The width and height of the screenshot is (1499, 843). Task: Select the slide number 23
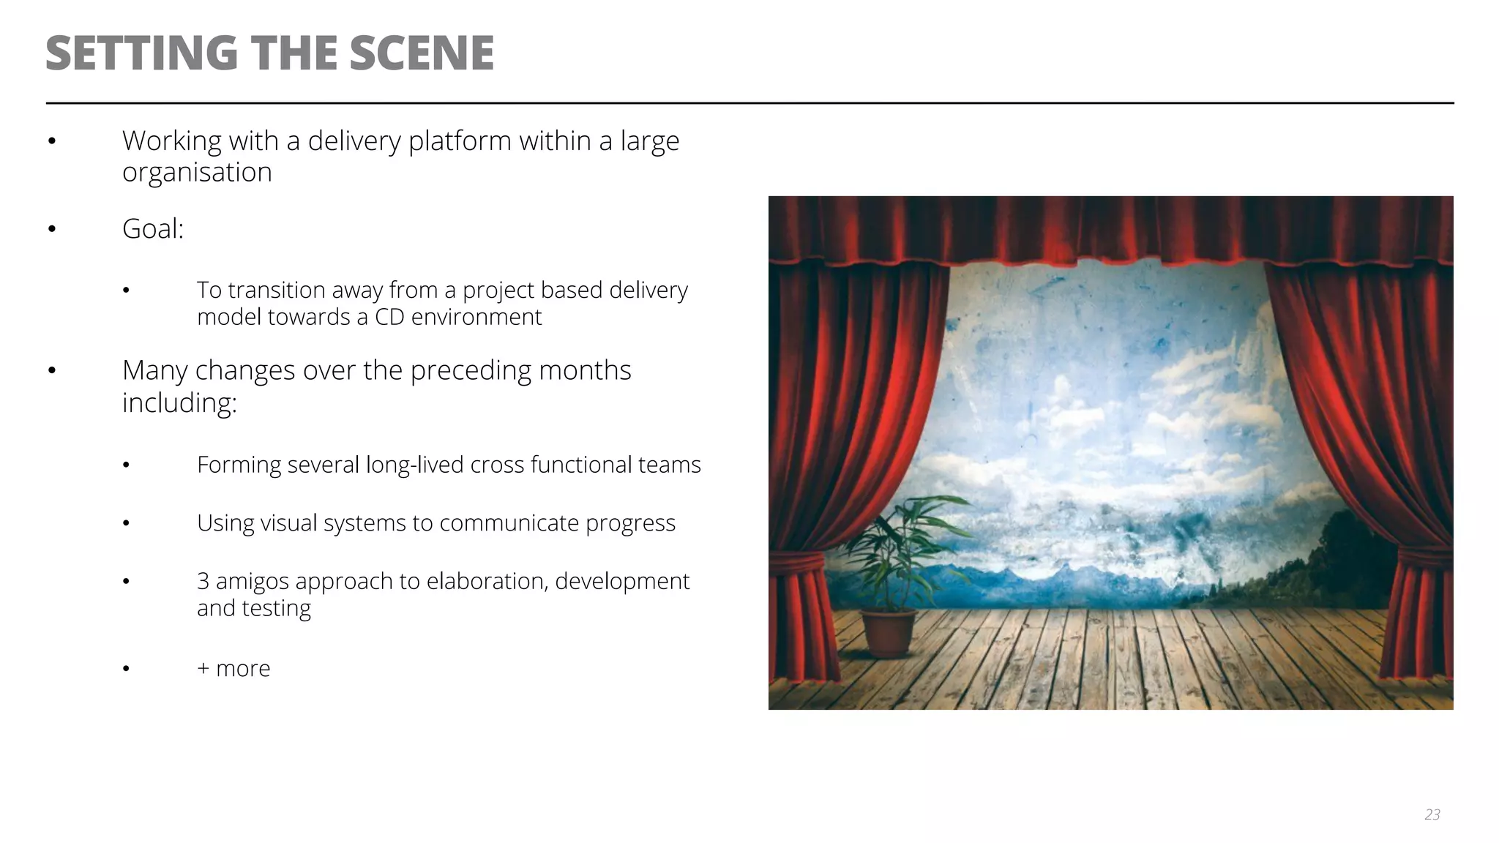(x=1432, y=814)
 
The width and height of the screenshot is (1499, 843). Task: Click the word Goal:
(x=153, y=229)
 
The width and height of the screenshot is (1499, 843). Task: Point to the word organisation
(x=197, y=173)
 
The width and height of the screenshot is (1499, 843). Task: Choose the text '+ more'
(x=233, y=668)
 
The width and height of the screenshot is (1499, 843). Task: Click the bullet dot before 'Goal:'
(x=52, y=229)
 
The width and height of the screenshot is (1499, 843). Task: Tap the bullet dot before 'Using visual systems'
(x=126, y=523)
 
